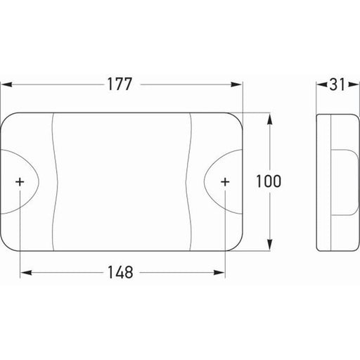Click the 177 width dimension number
click(120, 84)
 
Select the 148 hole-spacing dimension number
click(120, 272)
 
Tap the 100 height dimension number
click(269, 181)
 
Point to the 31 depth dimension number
click(337, 84)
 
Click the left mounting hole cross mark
click(20, 182)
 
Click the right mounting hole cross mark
click(225, 182)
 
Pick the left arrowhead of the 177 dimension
click(6, 84)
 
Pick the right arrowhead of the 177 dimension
click(236, 84)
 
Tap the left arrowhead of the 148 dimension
click(26, 273)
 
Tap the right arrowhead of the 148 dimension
click(219, 273)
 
